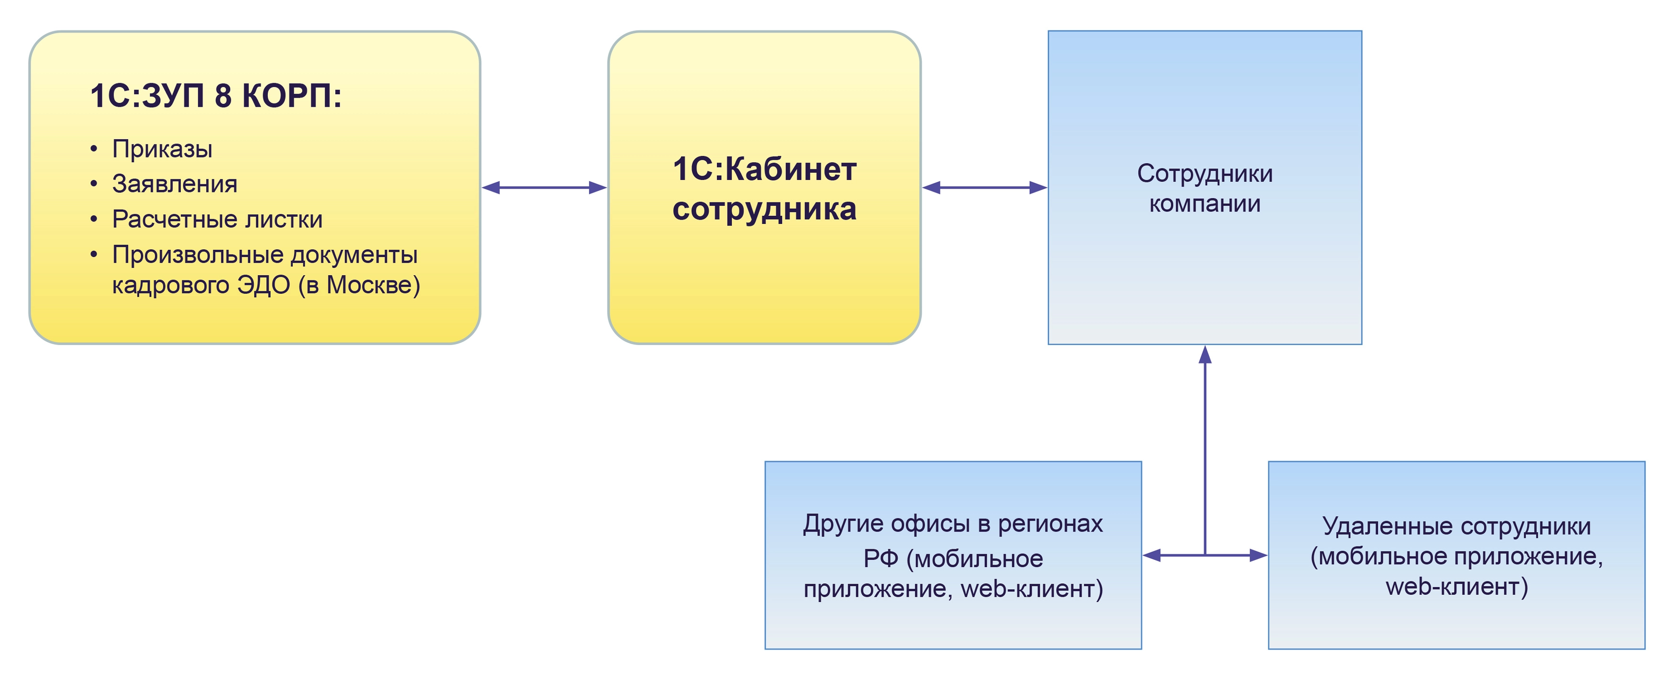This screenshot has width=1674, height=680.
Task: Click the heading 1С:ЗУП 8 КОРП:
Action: click(x=216, y=96)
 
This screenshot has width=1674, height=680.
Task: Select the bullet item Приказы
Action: click(x=162, y=149)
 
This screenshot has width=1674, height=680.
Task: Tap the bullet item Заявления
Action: click(x=174, y=184)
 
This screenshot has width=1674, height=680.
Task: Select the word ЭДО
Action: click(x=263, y=285)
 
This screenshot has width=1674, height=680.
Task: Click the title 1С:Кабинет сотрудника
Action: click(x=764, y=189)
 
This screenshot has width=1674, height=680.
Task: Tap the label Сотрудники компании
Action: click(x=1204, y=189)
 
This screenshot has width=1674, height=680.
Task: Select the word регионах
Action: click(x=1050, y=524)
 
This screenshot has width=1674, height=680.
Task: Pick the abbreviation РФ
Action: click(x=881, y=558)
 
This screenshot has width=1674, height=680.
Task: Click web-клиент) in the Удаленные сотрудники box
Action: click(x=1456, y=586)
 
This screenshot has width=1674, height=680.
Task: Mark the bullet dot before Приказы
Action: click(x=94, y=149)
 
